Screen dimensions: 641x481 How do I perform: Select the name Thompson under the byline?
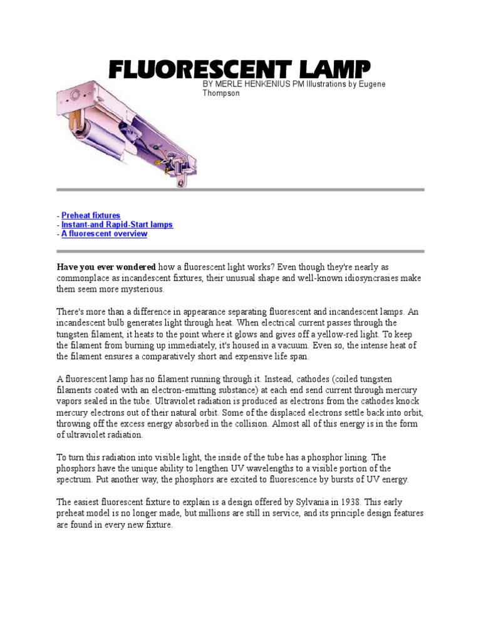coord(220,93)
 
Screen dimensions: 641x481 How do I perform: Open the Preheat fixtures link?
coord(91,215)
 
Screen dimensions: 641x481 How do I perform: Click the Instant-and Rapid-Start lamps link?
coord(117,225)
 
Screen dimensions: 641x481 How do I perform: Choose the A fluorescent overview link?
coord(104,234)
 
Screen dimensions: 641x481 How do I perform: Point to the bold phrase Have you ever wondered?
coord(106,267)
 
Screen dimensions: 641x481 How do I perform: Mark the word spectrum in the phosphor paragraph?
coord(75,479)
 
